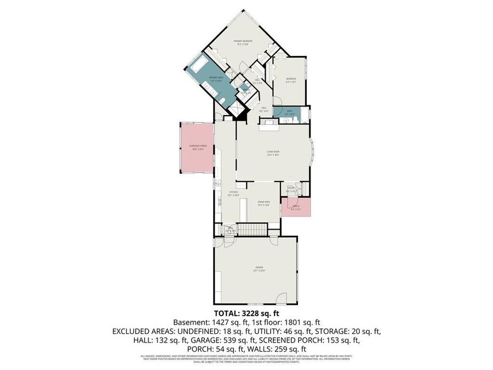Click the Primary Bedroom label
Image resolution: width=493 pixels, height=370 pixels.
tap(242, 42)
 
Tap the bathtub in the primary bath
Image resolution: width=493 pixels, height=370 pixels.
tap(198, 65)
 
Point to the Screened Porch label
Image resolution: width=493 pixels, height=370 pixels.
tap(197, 147)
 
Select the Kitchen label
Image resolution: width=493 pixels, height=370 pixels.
tap(233, 193)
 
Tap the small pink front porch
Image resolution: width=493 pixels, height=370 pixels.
tap(296, 208)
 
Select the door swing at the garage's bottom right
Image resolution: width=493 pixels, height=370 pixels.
tap(282, 299)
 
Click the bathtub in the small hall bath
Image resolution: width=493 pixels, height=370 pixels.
tap(305, 116)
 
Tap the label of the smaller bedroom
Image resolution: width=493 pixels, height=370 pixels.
tap(291, 79)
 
